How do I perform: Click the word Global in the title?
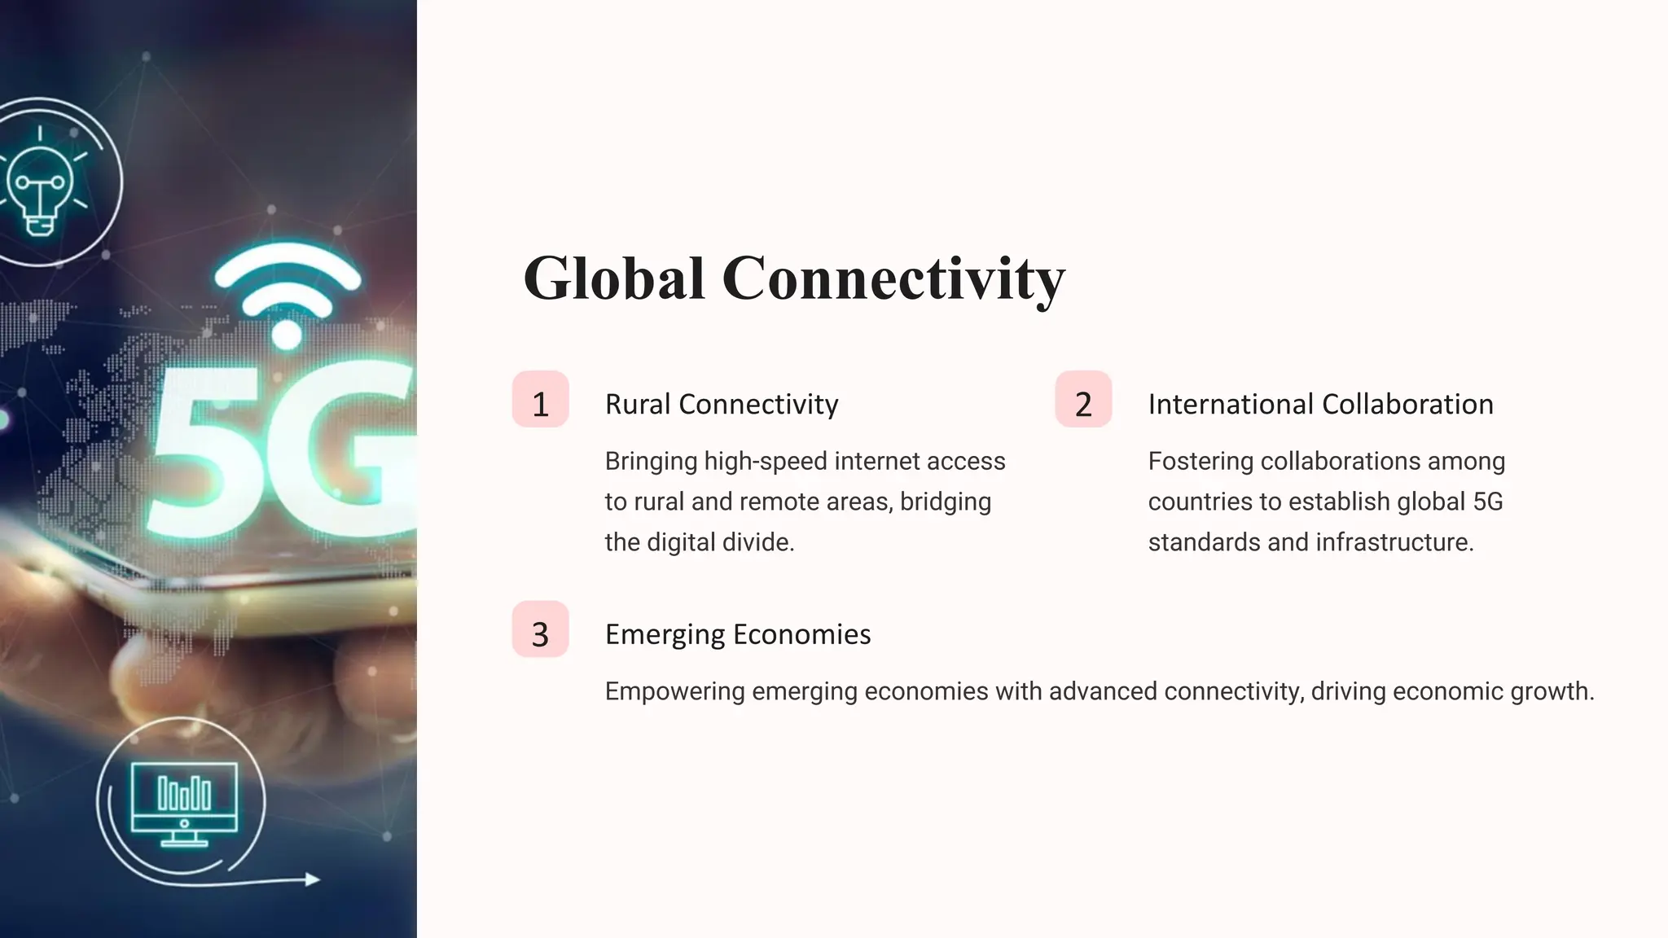pyautogui.click(x=613, y=278)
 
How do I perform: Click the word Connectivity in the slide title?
pyautogui.click(x=893, y=278)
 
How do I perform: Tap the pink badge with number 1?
pyautogui.click(x=540, y=400)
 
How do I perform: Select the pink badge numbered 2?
pyautogui.click(x=1083, y=400)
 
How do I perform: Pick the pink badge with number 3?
pyautogui.click(x=540, y=630)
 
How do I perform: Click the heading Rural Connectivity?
pyautogui.click(x=722, y=404)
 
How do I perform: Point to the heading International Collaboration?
pyautogui.click(x=1320, y=404)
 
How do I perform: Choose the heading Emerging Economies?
pyautogui.click(x=738, y=634)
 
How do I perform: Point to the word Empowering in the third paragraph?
pyautogui.click(x=674, y=691)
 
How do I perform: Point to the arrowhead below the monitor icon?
pyautogui.click(x=311, y=879)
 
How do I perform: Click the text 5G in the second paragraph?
pyautogui.click(x=1487, y=502)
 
